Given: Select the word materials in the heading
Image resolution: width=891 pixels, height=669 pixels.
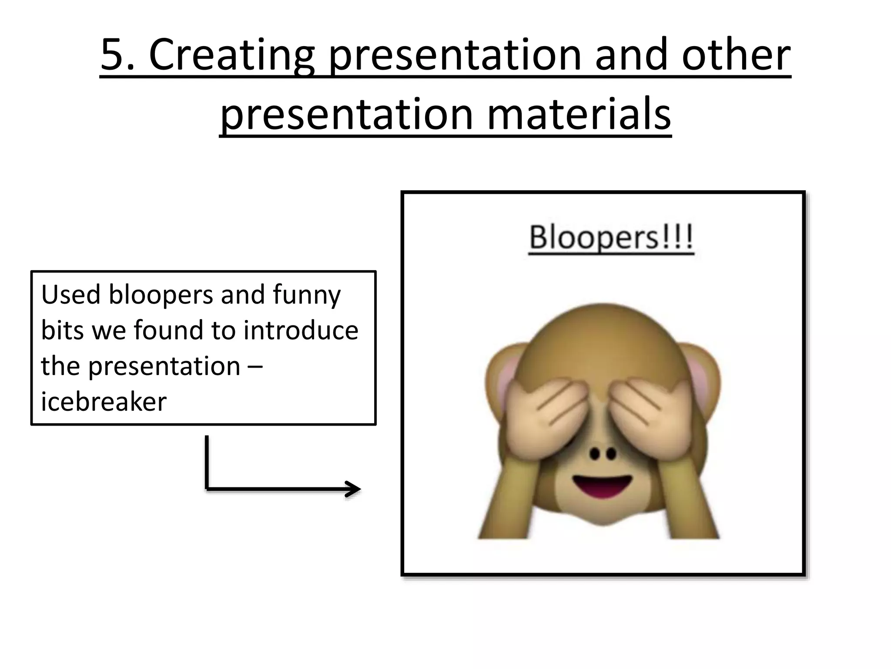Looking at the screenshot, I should [x=579, y=114].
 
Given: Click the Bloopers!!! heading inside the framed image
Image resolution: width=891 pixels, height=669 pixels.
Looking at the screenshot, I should [x=611, y=238].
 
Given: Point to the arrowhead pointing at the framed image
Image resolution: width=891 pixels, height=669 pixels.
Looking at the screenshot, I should [x=353, y=489].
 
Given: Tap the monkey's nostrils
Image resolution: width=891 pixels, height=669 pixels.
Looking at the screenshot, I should [x=603, y=454].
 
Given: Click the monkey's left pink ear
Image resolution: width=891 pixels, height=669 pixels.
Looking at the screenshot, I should [x=500, y=375].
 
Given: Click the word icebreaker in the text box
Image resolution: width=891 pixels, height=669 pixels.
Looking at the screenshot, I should [x=104, y=401].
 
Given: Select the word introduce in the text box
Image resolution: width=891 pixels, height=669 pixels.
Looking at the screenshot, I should [x=301, y=330].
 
